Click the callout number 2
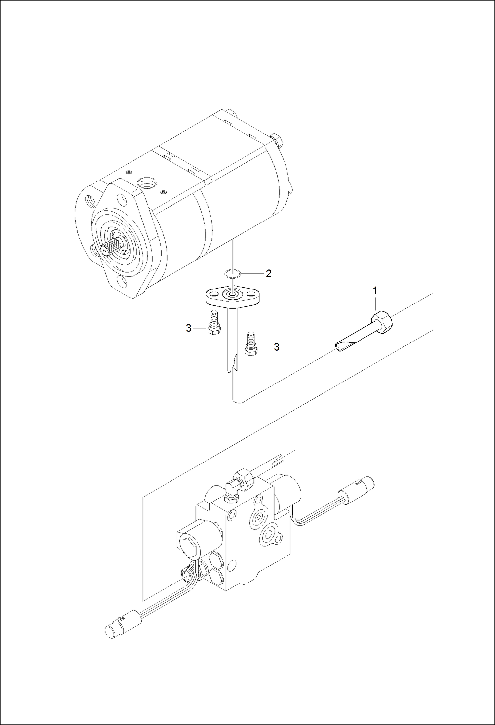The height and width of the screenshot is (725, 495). coord(268,273)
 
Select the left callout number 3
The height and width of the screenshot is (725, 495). coord(188,328)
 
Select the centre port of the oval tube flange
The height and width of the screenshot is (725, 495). coord(233,293)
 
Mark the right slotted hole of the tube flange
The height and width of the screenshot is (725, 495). coord(252,294)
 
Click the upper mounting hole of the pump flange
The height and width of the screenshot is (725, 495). coord(123,199)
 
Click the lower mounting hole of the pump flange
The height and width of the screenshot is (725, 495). coord(123,282)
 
